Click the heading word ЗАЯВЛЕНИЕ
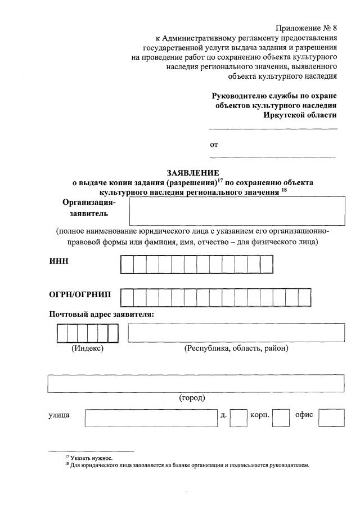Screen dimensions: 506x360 pyautogui.click(x=192, y=173)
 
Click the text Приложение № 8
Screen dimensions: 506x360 pyautogui.click(x=306, y=28)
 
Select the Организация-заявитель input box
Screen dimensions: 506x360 pyautogui.click(x=236, y=211)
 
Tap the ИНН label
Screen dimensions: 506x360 pyautogui.click(x=58, y=262)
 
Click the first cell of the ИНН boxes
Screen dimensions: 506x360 pyautogui.click(x=127, y=264)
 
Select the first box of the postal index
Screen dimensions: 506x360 pyautogui.click(x=62, y=333)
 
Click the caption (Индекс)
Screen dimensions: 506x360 pyautogui.click(x=87, y=348)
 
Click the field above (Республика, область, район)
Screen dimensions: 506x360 pyautogui.click(x=236, y=333)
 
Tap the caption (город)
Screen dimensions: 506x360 pyautogui.click(x=192, y=398)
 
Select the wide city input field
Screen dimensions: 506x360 pyautogui.click(x=196, y=382)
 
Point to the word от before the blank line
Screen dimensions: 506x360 pyautogui.click(x=214, y=145)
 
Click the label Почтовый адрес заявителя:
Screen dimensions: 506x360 pyautogui.click(x=102, y=314)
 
